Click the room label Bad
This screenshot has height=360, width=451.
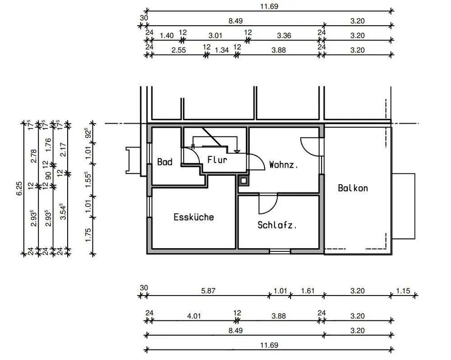coord(165,162)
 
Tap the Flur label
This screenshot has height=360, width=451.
coord(217,159)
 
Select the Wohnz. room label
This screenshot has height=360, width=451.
coord(284,164)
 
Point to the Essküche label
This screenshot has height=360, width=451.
coord(193,217)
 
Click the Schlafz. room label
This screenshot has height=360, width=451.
coord(277,225)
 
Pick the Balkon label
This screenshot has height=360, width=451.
coord(353,188)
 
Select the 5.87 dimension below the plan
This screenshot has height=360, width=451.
coord(208,291)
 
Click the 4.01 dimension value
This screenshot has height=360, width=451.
coord(193,316)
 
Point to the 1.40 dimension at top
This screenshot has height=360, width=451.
coord(166,35)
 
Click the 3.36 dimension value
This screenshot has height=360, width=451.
coord(284,35)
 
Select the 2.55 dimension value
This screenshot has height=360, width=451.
coord(179,50)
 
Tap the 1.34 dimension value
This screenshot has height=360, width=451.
coord(222,50)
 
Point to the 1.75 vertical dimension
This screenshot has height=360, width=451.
coord(88,235)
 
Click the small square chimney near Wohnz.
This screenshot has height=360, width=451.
coord(243,180)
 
